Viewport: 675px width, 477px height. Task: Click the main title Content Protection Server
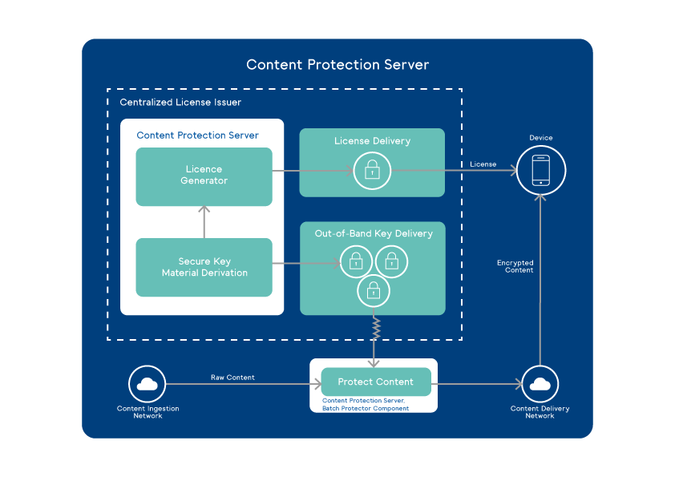pos(337,65)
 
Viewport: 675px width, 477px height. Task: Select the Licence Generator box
pos(204,176)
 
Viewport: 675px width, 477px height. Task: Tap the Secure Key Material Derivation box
pos(204,267)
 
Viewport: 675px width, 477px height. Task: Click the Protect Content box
pos(375,382)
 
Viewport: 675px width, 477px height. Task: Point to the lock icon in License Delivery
pos(372,170)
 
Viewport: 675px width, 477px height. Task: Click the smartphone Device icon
pos(540,171)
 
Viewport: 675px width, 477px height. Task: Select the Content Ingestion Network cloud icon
pos(148,385)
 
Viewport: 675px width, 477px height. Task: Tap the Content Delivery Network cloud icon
pos(540,385)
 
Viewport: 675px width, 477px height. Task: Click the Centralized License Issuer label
pos(180,103)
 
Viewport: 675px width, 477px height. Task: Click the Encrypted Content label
pos(515,267)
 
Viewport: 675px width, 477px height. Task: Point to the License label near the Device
pos(483,164)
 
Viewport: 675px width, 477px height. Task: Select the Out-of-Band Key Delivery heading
pos(373,234)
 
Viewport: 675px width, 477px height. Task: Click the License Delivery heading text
pos(372,141)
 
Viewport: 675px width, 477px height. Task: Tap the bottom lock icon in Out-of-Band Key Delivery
pos(373,290)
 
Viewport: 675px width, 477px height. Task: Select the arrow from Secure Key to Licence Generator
pos(204,221)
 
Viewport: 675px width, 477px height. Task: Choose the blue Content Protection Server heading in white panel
pos(197,135)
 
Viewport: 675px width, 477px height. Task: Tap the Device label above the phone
pos(540,138)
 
